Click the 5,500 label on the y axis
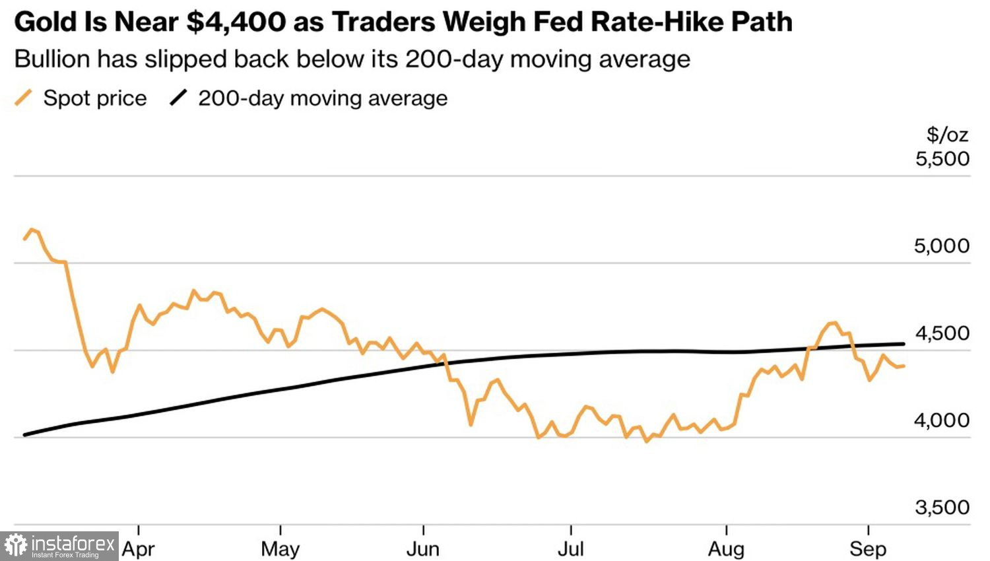pyautogui.click(x=942, y=158)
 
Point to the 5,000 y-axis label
pyautogui.click(x=942, y=246)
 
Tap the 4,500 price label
pyautogui.click(x=942, y=333)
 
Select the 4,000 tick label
pyautogui.click(x=942, y=420)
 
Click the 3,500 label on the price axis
pyautogui.click(x=942, y=508)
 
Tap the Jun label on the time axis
pyautogui.click(x=423, y=549)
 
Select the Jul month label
pyautogui.click(x=571, y=549)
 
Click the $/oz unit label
pyautogui.click(x=948, y=135)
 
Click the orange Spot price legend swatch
pyautogui.click(x=23, y=98)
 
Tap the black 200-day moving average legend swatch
pyautogui.click(x=179, y=98)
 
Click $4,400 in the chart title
pyautogui.click(x=236, y=22)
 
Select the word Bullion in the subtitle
pyautogui.click(x=52, y=59)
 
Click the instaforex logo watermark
pyautogui.click(x=59, y=546)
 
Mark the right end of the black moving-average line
pyautogui.click(x=904, y=344)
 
